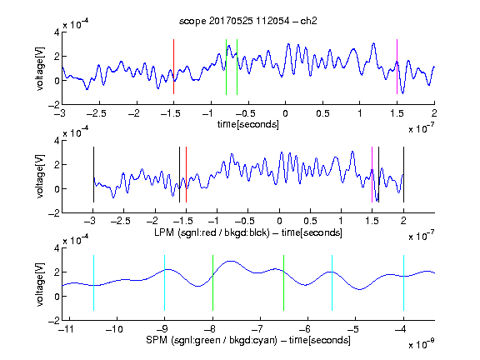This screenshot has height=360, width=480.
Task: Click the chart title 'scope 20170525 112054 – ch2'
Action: pyautogui.click(x=247, y=21)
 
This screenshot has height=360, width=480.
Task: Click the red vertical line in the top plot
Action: pyautogui.click(x=173, y=67)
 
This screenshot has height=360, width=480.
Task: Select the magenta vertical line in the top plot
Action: pyautogui.click(x=397, y=67)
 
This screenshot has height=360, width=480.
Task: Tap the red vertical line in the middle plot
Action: pyautogui.click(x=186, y=174)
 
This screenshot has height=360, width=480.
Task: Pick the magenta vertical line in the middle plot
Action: pyautogui.click(x=372, y=174)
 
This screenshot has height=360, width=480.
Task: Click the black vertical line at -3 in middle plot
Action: pyautogui.click(x=93, y=174)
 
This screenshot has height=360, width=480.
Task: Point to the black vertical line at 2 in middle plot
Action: pyautogui.click(x=403, y=174)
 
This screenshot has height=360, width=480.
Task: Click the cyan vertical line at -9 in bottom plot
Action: pyautogui.click(x=165, y=282)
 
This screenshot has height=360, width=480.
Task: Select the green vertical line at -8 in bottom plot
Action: pyautogui.click(x=212, y=282)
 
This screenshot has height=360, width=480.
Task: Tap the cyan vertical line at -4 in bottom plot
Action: pyautogui.click(x=403, y=282)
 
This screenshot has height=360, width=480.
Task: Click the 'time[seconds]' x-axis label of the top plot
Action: pyautogui.click(x=248, y=125)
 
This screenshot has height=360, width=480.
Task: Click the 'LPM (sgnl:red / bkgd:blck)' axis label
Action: pyautogui.click(x=212, y=232)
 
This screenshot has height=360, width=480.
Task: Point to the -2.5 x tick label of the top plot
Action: pyautogui.click(x=97, y=113)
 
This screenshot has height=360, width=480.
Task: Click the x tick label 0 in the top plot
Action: pyautogui.click(x=285, y=113)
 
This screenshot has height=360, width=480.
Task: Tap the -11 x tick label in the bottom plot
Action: pyautogui.click(x=67, y=329)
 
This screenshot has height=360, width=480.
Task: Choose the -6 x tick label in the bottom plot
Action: pyautogui.click(x=305, y=329)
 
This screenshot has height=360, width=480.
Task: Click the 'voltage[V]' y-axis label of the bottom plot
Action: pyautogui.click(x=40, y=284)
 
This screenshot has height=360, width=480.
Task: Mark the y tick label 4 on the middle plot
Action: pyautogui.click(x=57, y=141)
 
